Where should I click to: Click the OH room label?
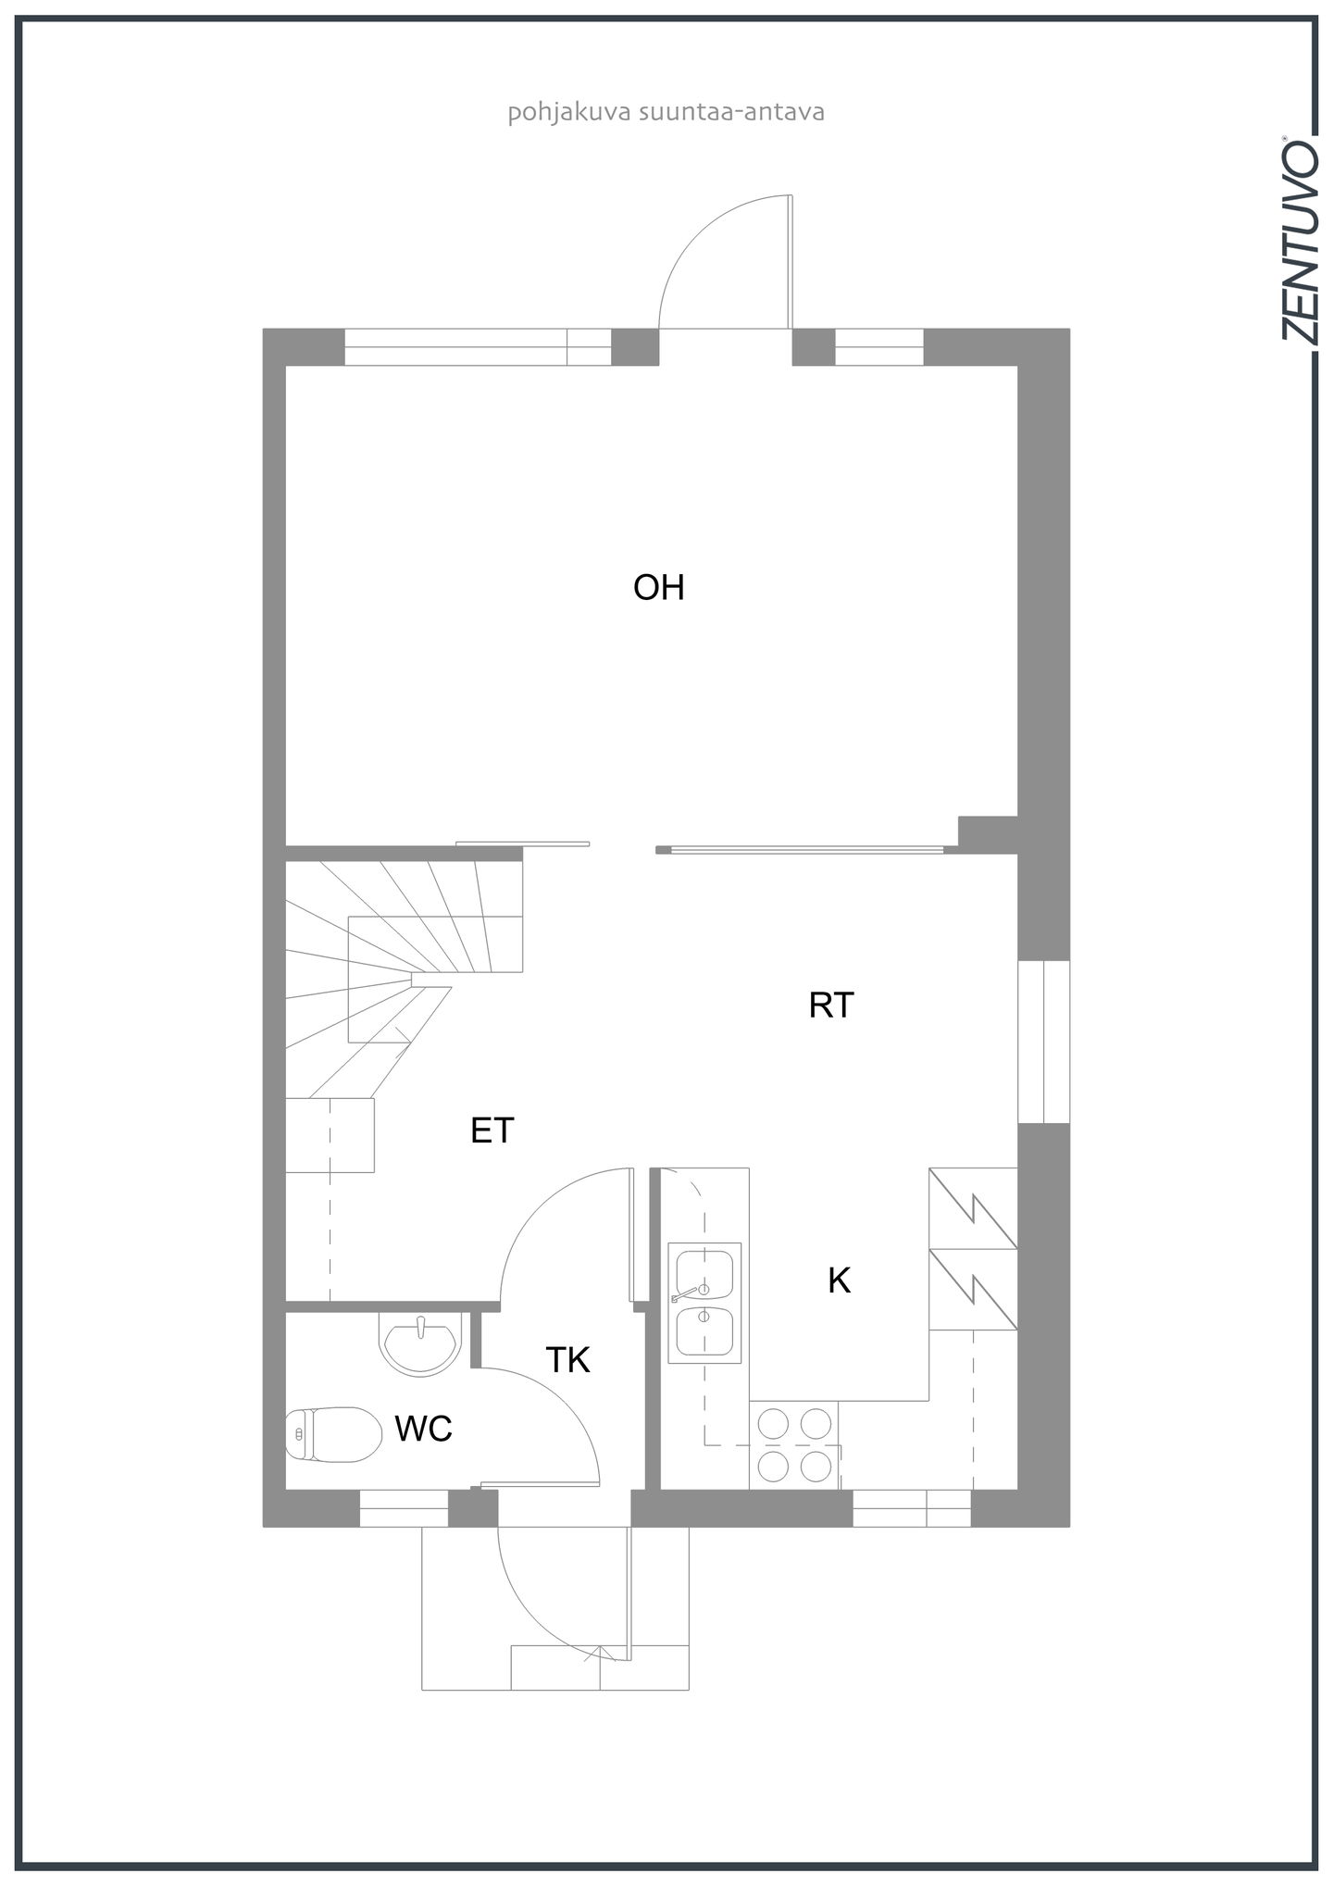[x=658, y=588]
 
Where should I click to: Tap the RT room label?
[x=830, y=1005]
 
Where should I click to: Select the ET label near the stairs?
[x=492, y=1130]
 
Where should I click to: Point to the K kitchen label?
[x=839, y=1280]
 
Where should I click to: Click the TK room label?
[x=567, y=1360]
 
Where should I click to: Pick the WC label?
[x=423, y=1430]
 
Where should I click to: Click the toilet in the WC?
[x=333, y=1434]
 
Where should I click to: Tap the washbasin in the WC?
[x=419, y=1343]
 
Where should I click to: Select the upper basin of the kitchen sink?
[x=704, y=1274]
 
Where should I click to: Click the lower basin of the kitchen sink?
[x=704, y=1330]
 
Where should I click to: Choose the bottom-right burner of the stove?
[x=816, y=1466]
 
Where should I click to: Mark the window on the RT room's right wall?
[x=1043, y=1042]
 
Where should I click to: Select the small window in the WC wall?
[x=404, y=1508]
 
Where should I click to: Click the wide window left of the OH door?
[x=478, y=347]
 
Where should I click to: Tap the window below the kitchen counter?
[x=911, y=1508]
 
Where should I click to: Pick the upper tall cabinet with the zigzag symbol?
[x=973, y=1208]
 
